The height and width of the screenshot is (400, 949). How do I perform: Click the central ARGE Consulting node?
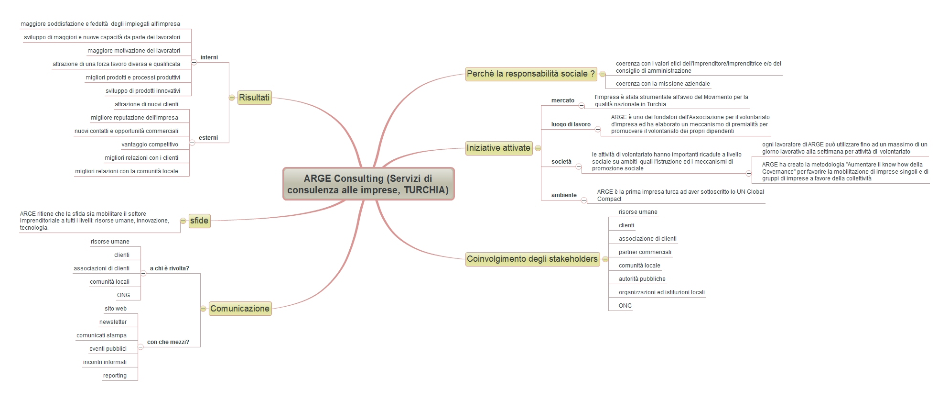368,184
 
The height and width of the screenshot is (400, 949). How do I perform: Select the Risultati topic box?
254,98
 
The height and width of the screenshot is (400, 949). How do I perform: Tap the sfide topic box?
199,221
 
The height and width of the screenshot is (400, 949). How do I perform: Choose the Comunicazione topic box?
240,309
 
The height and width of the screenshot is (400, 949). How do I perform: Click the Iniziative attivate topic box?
499,148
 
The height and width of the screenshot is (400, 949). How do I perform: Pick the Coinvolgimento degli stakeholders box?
532,259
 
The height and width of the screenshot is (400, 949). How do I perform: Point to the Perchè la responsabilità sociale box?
531,74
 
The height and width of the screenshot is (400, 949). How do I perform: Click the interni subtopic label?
209,57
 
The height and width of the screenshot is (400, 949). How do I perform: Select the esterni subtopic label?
208,138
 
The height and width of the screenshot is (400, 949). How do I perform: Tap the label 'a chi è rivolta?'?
170,268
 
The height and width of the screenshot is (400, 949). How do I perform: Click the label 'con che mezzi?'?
168,342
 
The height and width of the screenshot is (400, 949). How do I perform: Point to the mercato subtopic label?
563,100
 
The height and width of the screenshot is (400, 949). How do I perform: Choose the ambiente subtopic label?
564,195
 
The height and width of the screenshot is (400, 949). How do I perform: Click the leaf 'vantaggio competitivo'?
150,144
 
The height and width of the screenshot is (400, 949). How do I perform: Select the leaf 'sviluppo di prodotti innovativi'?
143,91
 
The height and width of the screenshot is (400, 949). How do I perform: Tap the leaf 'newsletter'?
113,322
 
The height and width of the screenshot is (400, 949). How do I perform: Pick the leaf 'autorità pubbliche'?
642,279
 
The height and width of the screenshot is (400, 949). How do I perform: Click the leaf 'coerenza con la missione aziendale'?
663,84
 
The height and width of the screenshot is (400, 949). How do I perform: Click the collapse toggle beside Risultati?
232,98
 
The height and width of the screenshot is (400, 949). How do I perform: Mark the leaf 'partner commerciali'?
645,252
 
